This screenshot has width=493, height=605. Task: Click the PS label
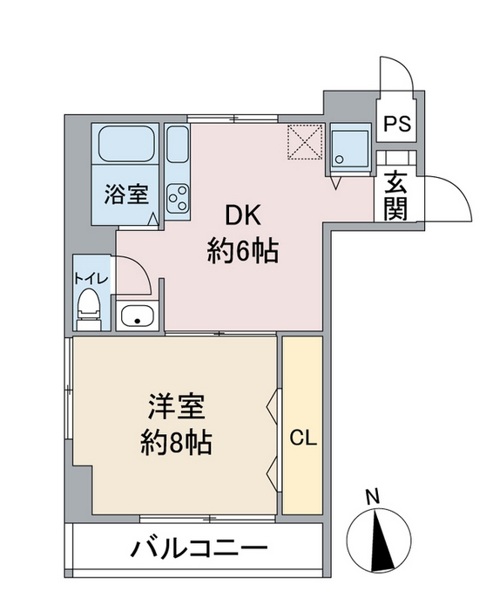point(398,123)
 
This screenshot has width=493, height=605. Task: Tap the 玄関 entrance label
point(396,196)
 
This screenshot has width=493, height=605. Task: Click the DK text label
point(244,215)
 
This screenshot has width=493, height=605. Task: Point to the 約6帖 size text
point(243,252)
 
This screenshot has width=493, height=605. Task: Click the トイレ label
point(90,278)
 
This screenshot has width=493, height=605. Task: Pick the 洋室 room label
point(177,406)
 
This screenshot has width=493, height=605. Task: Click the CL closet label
point(302,438)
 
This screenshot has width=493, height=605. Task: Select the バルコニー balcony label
point(199,549)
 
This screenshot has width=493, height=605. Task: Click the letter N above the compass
point(372,498)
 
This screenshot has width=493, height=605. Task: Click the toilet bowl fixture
point(88,307)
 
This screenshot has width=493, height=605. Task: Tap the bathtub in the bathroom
point(126,145)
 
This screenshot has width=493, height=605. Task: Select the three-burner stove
point(178,198)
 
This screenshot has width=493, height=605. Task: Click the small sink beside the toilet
point(137,316)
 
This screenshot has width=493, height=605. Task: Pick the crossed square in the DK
point(306,141)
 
